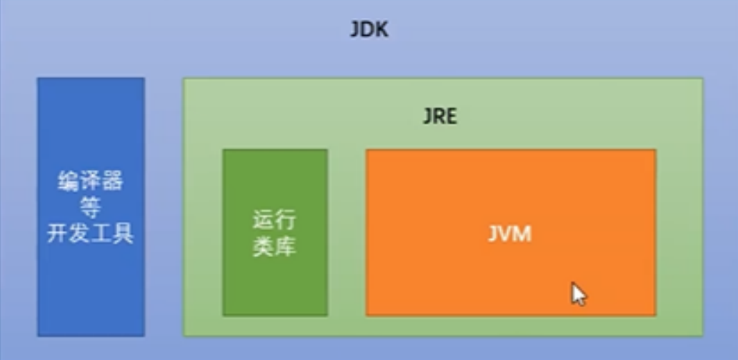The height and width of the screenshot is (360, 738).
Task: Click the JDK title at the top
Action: click(x=369, y=29)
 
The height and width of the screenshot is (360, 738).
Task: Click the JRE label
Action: click(x=440, y=116)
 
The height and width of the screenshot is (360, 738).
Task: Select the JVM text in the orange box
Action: click(x=509, y=234)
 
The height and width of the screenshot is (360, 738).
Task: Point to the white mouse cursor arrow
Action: click(x=579, y=294)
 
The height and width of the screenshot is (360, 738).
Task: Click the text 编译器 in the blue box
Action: click(x=90, y=181)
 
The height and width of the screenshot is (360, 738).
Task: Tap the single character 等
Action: click(x=90, y=207)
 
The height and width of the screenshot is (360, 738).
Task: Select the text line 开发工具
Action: click(x=90, y=233)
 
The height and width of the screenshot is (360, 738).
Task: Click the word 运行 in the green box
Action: click(x=275, y=221)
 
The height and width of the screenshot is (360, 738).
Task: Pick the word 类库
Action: click(x=275, y=246)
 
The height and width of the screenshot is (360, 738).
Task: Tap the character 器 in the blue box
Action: click(x=112, y=181)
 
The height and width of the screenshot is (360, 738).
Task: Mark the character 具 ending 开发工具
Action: click(x=124, y=233)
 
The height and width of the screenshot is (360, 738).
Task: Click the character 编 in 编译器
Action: click(x=69, y=181)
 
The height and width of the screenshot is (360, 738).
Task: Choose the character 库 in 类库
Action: click(x=286, y=246)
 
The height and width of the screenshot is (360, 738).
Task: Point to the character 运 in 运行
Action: click(x=264, y=221)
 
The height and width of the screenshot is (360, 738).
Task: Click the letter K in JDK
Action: click(x=382, y=29)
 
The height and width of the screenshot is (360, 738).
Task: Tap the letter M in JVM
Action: click(x=524, y=234)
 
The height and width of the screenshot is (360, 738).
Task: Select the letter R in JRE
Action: click(x=438, y=116)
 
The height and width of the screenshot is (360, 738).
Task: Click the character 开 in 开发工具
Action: click(x=58, y=233)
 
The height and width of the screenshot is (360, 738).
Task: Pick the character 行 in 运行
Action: click(x=286, y=221)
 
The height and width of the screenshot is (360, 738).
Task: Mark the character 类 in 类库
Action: click(x=264, y=246)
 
